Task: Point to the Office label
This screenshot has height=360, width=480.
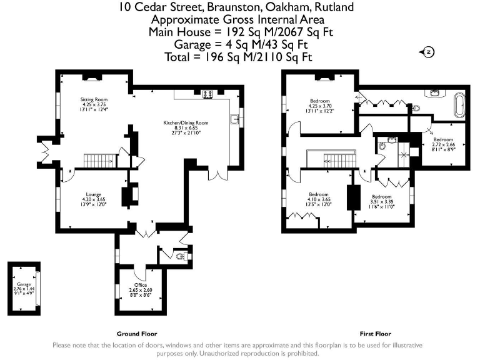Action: [140, 285]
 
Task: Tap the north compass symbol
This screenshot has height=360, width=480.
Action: [429, 52]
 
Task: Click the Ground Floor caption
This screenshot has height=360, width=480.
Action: [137, 334]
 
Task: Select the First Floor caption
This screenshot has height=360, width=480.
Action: [375, 334]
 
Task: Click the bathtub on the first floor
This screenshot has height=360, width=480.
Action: [460, 105]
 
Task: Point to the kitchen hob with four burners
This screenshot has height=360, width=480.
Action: [207, 94]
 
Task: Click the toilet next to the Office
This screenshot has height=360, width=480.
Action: [181, 256]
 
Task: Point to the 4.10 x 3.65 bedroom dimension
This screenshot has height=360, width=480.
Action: [319, 199]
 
